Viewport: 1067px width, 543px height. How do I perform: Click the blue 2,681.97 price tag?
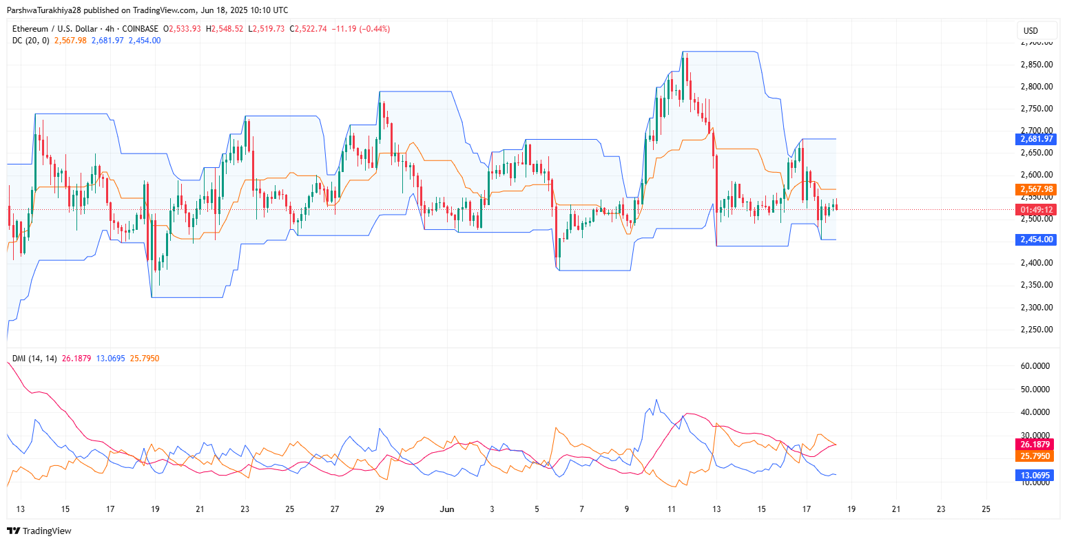[1035, 139]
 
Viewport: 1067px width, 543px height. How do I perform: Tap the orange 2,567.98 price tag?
[1035, 189]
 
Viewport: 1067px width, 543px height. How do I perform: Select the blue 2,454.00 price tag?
[1035, 239]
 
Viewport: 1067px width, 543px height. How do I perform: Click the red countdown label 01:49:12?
[1035, 210]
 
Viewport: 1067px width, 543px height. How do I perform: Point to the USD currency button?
[1030, 31]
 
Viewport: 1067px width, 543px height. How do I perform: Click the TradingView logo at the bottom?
[39, 531]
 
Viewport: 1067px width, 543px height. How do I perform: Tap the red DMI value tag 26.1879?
[1035, 445]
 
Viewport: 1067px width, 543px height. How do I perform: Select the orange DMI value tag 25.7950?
[1035, 456]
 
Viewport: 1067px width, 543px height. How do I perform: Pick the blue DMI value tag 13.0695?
[1035, 476]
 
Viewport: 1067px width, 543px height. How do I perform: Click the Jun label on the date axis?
[447, 509]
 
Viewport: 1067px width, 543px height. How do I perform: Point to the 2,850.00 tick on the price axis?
[1035, 65]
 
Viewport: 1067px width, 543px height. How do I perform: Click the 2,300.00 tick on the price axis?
[1035, 307]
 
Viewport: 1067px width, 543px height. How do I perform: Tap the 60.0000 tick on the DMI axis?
[1035, 366]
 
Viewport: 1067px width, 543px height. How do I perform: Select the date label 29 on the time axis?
[380, 509]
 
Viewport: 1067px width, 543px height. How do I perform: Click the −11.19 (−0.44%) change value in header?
[360, 29]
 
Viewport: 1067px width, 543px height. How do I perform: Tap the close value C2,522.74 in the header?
[308, 29]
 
